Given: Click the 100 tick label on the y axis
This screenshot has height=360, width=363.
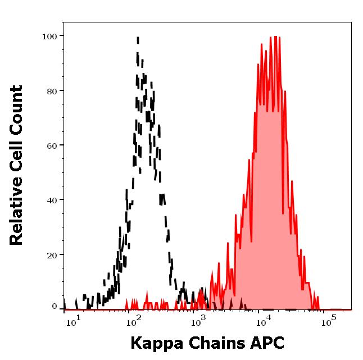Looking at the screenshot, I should click(x=51, y=36).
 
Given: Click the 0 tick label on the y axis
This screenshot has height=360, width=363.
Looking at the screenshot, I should click(x=55, y=307).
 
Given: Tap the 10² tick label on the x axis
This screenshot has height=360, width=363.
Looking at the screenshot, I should click(x=134, y=321).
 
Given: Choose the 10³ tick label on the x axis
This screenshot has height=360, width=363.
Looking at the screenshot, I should click(x=198, y=321).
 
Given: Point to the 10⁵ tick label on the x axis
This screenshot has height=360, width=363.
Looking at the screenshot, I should click(x=328, y=321).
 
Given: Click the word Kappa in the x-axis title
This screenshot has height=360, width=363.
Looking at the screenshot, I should click(x=153, y=343).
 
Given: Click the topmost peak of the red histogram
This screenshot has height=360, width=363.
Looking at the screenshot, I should click(x=270, y=38).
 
